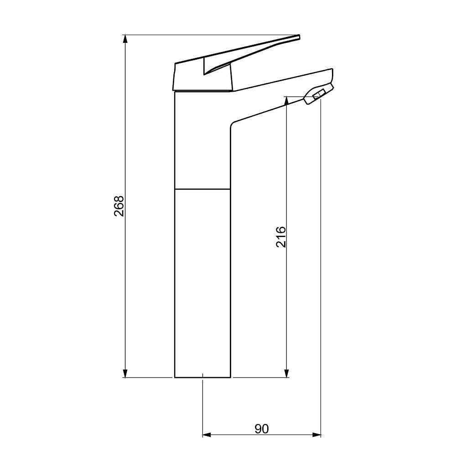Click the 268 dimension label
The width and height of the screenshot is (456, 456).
pyautogui.click(x=119, y=206)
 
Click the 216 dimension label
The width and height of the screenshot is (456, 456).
pyautogui.click(x=281, y=237)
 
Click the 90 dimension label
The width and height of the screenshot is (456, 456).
pyautogui.click(x=262, y=429)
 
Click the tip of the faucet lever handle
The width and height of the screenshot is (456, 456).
pyautogui.click(x=298, y=37)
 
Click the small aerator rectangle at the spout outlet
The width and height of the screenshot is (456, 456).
pyautogui.click(x=318, y=94)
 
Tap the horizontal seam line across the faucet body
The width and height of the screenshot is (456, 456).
pyautogui.click(x=202, y=188)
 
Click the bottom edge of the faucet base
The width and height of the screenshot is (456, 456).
pyautogui.click(x=202, y=378)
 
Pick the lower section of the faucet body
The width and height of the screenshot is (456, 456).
pyautogui.click(x=202, y=283)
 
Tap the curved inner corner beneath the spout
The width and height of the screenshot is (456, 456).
pyautogui.click(x=233, y=124)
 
